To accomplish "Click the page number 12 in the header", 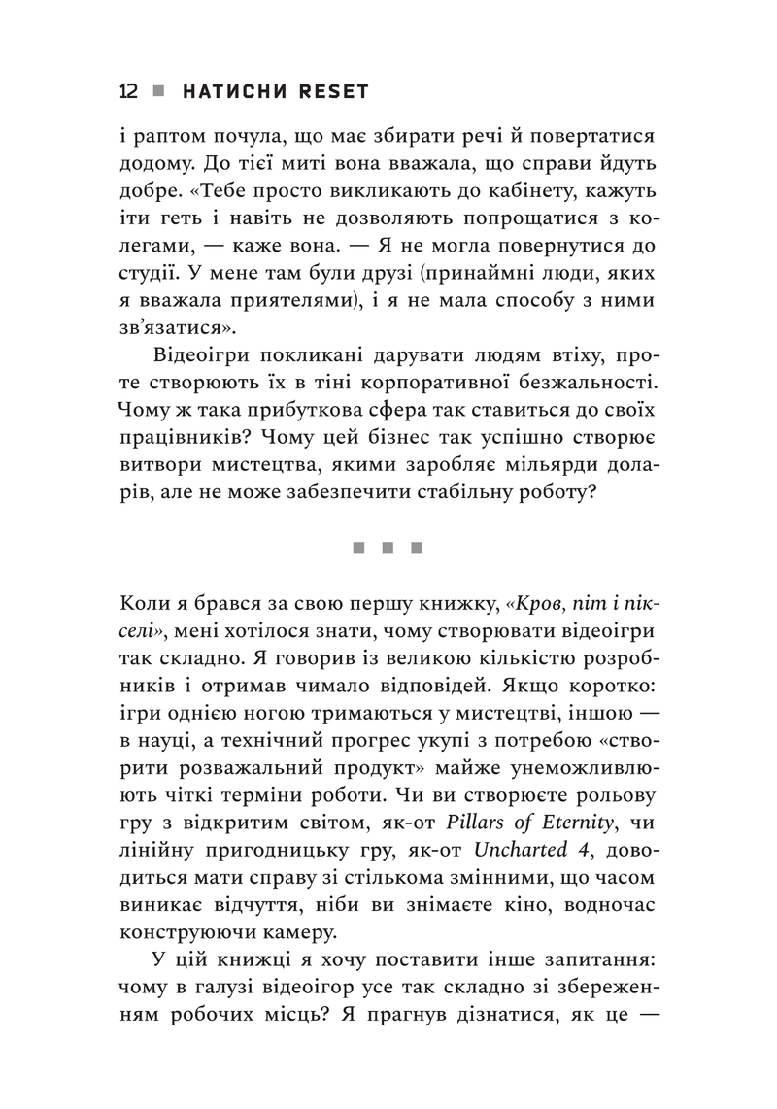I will pos(127,91).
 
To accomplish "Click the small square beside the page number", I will pos(159,91).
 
